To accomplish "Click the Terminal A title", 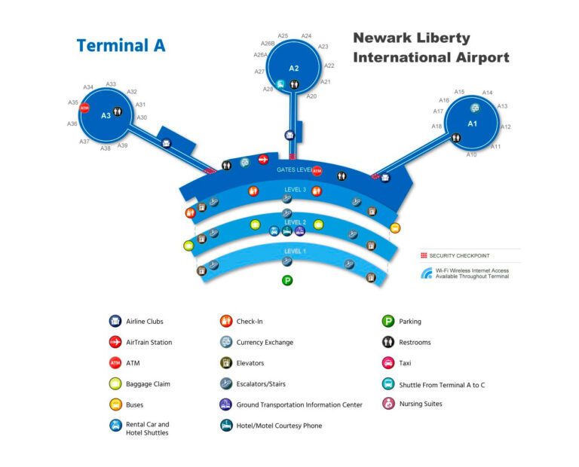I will point(121,45).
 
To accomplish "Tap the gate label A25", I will point(283,35).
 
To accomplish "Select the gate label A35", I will point(73,102).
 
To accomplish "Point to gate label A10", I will point(471,154).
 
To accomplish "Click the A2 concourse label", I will point(294,69).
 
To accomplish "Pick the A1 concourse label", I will point(473,123).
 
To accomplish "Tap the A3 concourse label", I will point(106,115).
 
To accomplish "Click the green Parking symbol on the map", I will point(286,280).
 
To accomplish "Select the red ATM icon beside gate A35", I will point(84,108).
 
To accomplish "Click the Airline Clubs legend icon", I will point(115,322).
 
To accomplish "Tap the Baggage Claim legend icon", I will point(115,384).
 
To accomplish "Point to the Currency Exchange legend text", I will point(265,343).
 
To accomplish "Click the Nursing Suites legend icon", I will point(388,404).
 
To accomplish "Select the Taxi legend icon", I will point(388,363).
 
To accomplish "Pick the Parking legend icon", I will point(388,322).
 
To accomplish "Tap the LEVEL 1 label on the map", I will point(295,251).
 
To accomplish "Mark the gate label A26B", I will point(268,44).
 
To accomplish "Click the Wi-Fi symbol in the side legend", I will point(427,273).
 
